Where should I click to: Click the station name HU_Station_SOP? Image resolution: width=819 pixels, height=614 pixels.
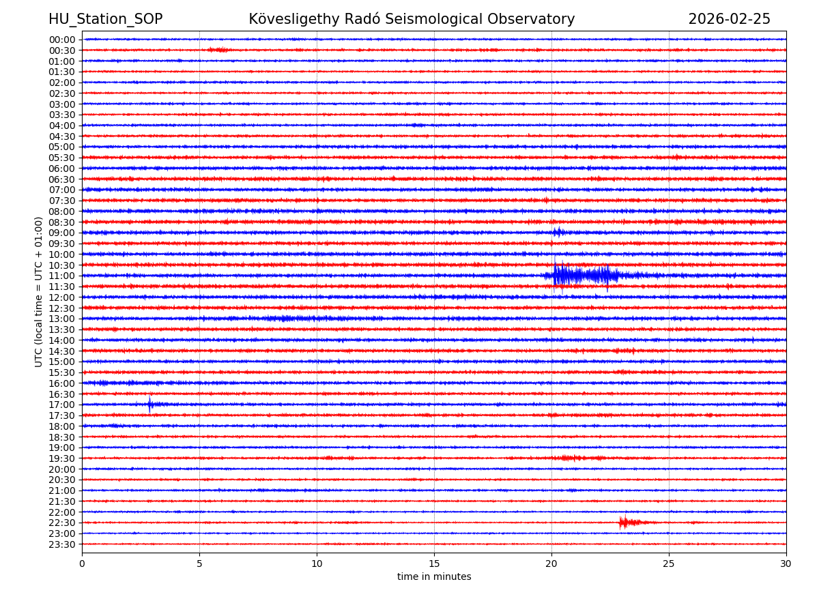(105, 19)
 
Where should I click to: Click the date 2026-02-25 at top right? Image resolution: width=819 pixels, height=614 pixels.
(729, 19)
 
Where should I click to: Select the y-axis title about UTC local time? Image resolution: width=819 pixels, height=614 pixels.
(39, 291)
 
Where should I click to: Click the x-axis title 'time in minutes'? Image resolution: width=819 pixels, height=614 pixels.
(434, 576)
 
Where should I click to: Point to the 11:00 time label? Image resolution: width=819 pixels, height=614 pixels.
(62, 276)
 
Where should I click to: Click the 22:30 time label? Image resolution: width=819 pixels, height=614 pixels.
(62, 523)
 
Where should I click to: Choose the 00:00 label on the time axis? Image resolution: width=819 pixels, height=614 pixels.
(62, 40)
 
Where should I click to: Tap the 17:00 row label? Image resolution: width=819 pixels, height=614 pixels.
(62, 405)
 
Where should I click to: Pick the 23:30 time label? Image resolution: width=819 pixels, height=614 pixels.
(62, 544)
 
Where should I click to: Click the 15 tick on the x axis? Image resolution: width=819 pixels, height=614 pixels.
(434, 564)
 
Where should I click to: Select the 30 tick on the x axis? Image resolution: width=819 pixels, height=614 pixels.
(786, 564)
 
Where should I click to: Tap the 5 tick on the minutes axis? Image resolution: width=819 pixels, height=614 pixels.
(199, 564)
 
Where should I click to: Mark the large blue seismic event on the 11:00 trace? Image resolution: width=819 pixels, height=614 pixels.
(580, 275)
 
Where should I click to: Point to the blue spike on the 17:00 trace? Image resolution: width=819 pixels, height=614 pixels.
(150, 405)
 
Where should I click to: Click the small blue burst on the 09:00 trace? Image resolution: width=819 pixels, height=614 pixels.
(558, 232)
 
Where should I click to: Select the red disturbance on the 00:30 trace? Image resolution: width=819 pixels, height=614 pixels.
(219, 50)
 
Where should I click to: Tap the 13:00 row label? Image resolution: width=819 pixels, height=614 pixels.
(62, 319)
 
